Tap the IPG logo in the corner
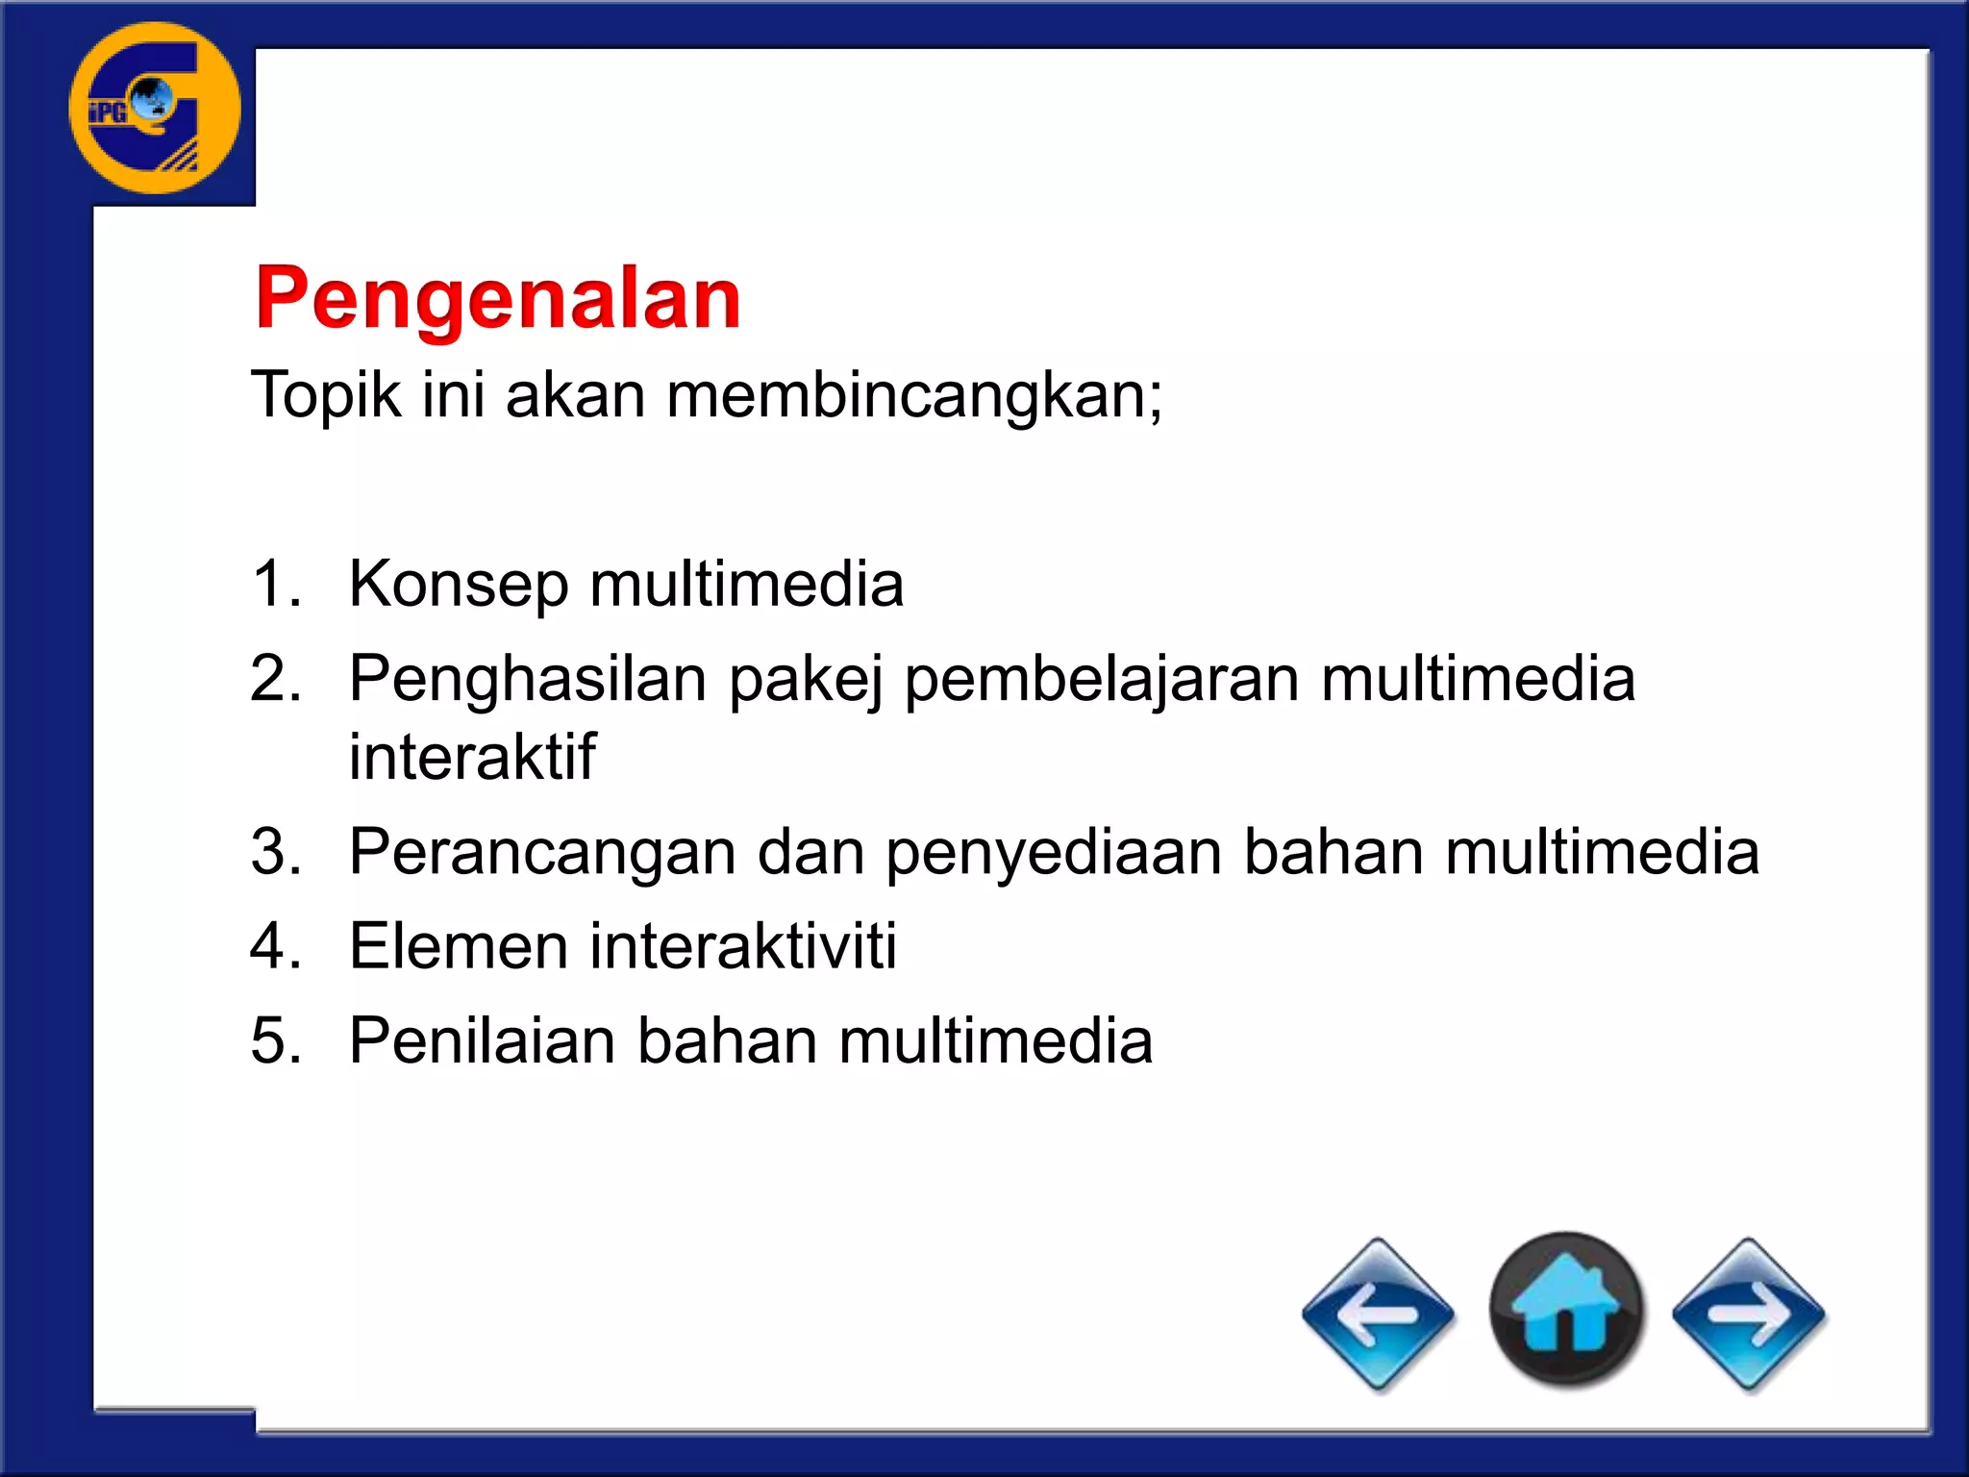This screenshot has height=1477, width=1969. click(155, 108)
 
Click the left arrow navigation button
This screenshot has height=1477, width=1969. click(1378, 1314)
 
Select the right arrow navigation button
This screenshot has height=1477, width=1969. click(1748, 1314)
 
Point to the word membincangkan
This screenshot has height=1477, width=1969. click(913, 395)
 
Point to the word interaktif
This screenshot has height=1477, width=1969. click(472, 757)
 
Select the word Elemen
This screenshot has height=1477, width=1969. click(458, 946)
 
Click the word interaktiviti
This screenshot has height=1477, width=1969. click(743, 946)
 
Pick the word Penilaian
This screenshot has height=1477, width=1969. click(482, 1040)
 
